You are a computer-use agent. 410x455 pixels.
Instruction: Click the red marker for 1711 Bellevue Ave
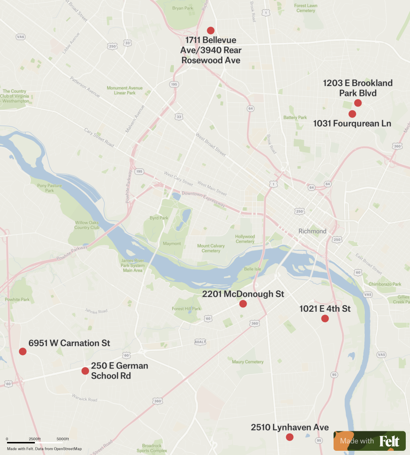pyautogui.click(x=211, y=31)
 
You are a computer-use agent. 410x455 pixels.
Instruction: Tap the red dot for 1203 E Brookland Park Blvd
pyautogui.click(x=358, y=103)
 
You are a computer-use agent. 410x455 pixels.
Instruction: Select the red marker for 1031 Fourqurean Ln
pyautogui.click(x=352, y=114)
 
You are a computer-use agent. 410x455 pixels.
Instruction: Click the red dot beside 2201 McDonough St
pyautogui.click(x=243, y=304)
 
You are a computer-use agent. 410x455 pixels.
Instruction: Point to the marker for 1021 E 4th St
pyautogui.click(x=325, y=319)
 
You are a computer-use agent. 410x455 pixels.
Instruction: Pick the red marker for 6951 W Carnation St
pyautogui.click(x=22, y=351)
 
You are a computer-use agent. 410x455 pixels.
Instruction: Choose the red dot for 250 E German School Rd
pyautogui.click(x=85, y=371)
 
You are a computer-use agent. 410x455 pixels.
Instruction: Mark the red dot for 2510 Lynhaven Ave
pyautogui.click(x=289, y=437)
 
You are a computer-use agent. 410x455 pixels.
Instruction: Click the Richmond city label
pyautogui.click(x=312, y=231)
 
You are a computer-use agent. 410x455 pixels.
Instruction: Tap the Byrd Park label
pyautogui.click(x=160, y=218)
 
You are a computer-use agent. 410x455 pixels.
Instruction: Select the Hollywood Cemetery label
pyautogui.click(x=245, y=239)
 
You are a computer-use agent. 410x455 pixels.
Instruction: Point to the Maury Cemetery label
pyautogui.click(x=247, y=361)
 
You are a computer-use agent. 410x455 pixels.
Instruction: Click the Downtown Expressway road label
pyautogui.click(x=203, y=199)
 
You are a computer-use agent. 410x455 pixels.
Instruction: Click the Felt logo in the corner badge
pyautogui.click(x=389, y=441)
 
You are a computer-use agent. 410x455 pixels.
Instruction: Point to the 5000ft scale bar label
pyautogui.click(x=62, y=439)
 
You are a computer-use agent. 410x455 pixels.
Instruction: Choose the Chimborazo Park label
pyautogui.click(x=384, y=284)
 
